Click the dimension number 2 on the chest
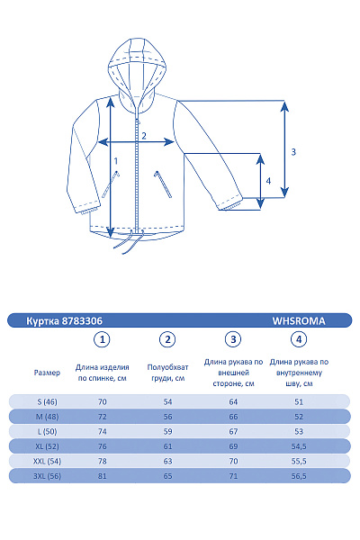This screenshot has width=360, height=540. point(142,136)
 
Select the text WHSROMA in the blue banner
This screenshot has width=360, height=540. point(298,319)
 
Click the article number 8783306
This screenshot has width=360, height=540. point(76,319)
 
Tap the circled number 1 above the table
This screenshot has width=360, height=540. point(103,339)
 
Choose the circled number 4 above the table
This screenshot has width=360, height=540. point(299,339)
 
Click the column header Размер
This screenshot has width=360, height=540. point(47,372)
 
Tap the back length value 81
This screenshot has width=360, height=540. point(103,476)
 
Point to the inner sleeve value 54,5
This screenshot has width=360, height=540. point(299,446)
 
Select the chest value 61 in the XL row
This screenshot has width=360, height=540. point(167,446)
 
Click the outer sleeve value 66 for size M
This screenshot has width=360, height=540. point(234,417)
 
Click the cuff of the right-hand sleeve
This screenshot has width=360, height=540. point(231,203)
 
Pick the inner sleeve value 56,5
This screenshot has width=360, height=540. point(299,476)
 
